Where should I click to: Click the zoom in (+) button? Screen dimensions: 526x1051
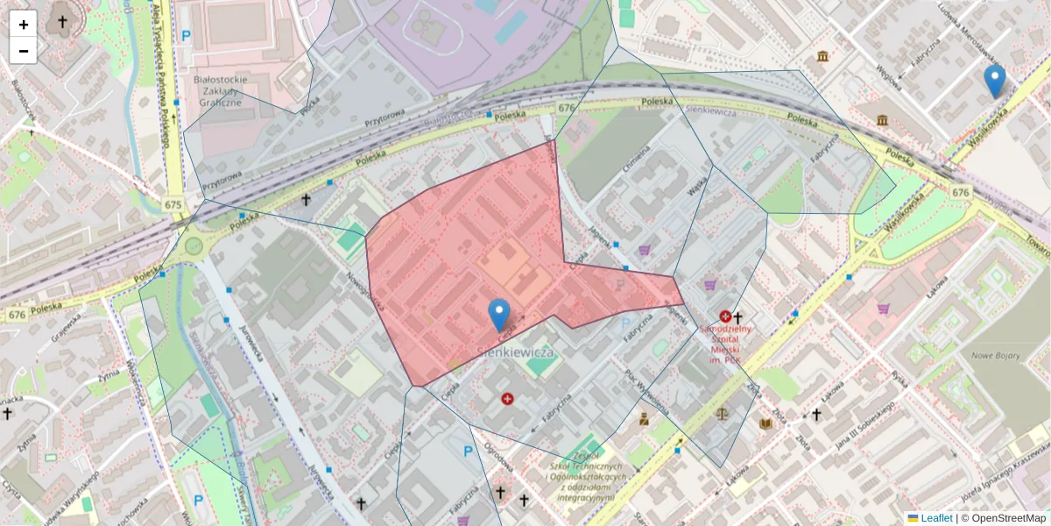pos(24,25)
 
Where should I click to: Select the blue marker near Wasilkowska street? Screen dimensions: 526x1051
pos(994,81)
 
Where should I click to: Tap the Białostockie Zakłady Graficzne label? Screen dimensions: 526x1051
pos(220,90)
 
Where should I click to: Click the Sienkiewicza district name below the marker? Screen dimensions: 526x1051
pos(518,352)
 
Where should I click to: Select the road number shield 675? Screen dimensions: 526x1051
pos(173,204)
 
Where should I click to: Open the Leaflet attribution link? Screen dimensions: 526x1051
pos(936,518)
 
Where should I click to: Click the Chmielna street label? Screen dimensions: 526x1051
pos(638,161)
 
